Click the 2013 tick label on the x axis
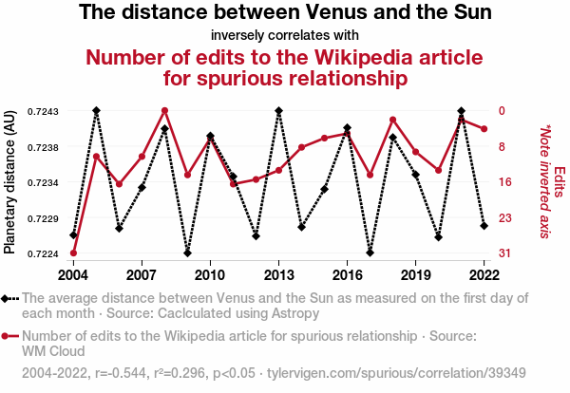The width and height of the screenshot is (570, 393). (x=278, y=275)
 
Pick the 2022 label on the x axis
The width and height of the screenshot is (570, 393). (x=484, y=275)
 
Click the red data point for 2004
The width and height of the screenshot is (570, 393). (x=73, y=253)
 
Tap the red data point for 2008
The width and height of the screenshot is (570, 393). (x=164, y=111)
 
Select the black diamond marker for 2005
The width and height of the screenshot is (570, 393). (x=96, y=111)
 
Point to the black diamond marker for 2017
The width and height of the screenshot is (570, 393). (x=370, y=253)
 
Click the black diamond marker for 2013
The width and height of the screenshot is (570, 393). (x=278, y=111)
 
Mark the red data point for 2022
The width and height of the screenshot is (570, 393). (x=484, y=128)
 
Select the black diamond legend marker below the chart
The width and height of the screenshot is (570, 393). (x=9, y=299)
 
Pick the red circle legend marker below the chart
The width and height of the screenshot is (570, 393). (x=9, y=336)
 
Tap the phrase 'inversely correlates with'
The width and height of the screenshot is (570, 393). (x=285, y=36)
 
